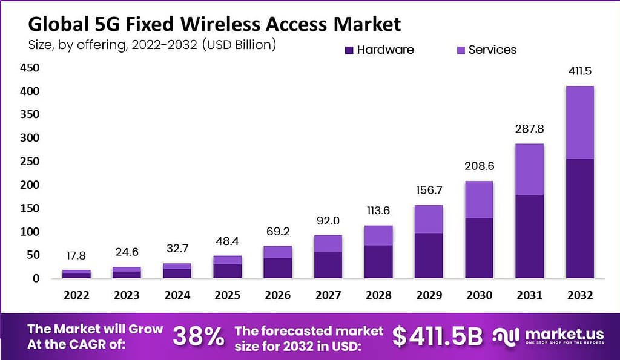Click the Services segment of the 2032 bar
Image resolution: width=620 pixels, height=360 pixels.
579,123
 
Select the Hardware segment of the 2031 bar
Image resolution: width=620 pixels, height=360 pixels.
529,237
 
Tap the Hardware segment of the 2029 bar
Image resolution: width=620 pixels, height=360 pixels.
429,256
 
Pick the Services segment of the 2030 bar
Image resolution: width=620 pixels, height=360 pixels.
479,200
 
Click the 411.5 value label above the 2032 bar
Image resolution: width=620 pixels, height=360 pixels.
579,71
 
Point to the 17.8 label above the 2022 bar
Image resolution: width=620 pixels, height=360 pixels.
77,257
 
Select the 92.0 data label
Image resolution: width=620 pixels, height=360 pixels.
328,221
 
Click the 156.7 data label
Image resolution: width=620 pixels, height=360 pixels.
429,191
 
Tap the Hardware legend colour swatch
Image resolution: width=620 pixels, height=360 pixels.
349,50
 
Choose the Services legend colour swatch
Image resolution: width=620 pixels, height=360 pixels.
461,50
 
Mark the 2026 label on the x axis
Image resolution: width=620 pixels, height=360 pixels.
278,295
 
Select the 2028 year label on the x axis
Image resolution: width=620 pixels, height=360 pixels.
378,295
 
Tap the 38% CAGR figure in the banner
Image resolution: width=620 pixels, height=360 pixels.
198,337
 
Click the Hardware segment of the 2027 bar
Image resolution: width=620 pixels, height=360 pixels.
328,265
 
